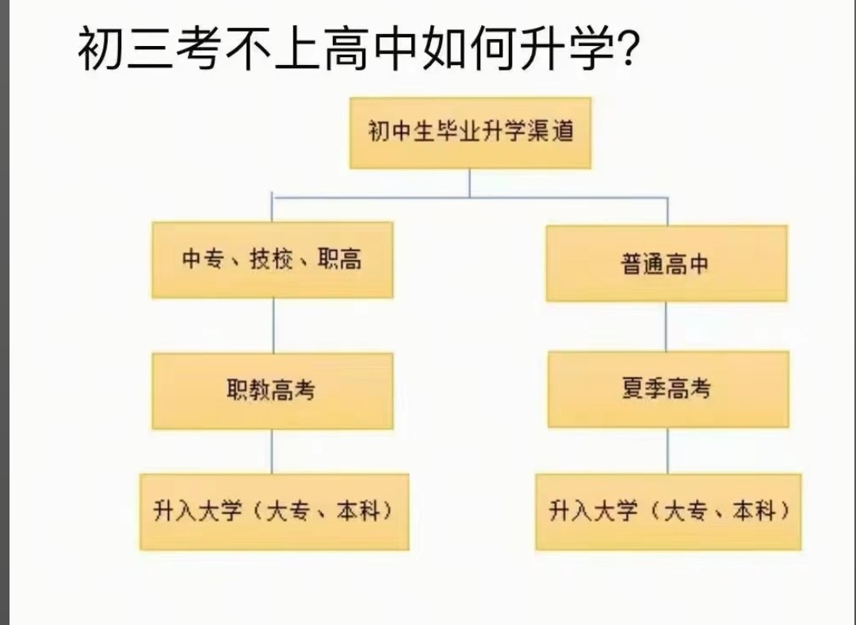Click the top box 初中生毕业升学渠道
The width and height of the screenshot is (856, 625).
[470, 132]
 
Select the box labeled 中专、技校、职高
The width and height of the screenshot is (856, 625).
[273, 260]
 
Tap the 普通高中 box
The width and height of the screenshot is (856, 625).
[666, 263]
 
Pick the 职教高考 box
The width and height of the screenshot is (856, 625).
[273, 390]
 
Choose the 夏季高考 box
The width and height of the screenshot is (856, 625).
[667, 389]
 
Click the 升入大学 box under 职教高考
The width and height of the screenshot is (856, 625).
[274, 512]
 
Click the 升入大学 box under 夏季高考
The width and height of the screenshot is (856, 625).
[668, 512]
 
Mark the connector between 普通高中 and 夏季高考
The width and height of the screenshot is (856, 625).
[666, 326]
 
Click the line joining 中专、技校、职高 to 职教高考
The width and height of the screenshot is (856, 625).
[273, 325]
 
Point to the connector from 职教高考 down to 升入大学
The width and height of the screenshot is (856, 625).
[273, 451]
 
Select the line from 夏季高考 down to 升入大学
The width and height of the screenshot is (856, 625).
[667, 451]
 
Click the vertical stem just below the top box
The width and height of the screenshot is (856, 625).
[469, 182]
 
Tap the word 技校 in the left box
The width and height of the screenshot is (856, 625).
[272, 260]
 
